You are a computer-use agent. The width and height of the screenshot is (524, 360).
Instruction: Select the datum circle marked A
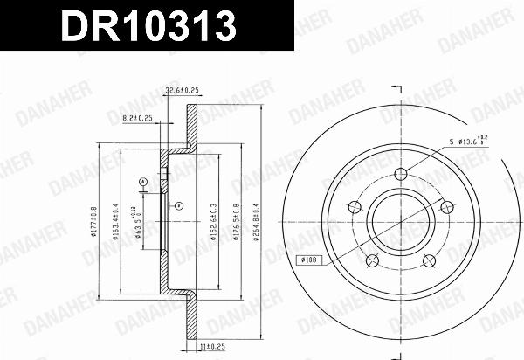(x=142, y=181)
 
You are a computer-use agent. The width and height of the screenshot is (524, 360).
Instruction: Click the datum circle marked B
(x=177, y=206)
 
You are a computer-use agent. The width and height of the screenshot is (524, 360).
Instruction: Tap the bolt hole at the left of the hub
(x=355, y=207)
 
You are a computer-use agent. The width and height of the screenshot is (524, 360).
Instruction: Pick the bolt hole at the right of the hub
(x=447, y=206)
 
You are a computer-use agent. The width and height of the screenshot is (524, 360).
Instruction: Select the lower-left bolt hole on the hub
(x=373, y=260)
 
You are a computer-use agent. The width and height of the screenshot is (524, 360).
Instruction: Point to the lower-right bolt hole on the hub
(x=430, y=260)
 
